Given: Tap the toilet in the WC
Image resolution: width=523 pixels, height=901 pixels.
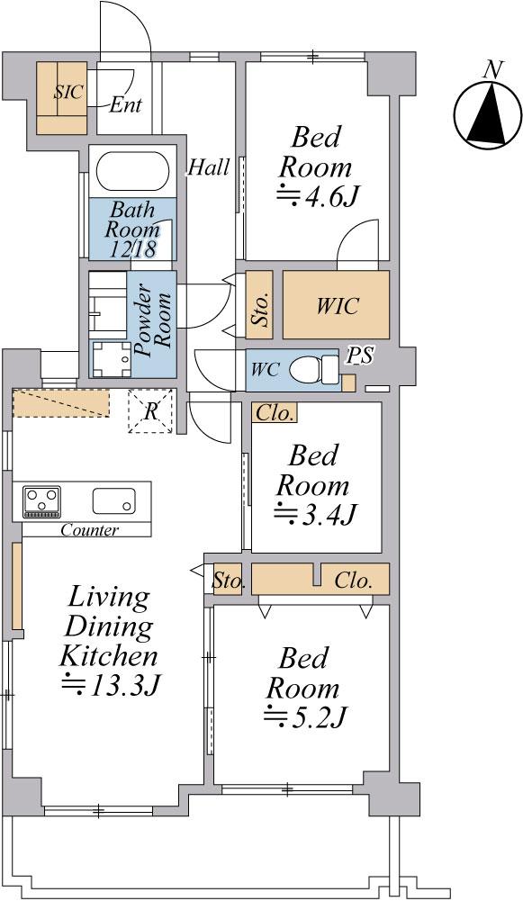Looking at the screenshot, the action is click(x=314, y=369).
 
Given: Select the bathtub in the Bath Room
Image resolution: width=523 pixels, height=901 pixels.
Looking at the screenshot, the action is click(x=132, y=171).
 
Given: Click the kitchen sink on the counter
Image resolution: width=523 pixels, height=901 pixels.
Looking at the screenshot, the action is click(x=114, y=500).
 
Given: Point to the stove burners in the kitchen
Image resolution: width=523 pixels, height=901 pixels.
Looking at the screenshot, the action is click(x=41, y=501).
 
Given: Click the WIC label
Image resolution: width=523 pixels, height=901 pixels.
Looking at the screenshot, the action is click(x=338, y=305).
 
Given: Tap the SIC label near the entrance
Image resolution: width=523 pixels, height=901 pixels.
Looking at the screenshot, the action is click(x=68, y=92).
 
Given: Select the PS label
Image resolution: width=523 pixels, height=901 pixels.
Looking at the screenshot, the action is click(x=360, y=356).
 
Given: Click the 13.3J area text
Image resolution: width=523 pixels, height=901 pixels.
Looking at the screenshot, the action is click(x=111, y=683).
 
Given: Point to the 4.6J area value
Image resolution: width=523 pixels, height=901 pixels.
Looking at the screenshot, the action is click(x=317, y=196).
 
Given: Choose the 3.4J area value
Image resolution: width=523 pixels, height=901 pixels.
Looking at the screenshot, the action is click(x=312, y=513).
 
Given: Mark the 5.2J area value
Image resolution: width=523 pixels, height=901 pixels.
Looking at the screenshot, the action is click(x=305, y=716).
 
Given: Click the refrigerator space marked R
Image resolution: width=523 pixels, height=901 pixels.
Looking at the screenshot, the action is click(x=150, y=410).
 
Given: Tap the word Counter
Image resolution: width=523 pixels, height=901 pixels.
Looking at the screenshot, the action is click(x=90, y=530).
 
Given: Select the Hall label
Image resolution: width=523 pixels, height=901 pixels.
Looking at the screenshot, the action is click(x=209, y=167).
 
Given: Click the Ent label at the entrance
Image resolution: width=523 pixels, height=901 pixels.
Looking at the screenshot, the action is click(x=125, y=105).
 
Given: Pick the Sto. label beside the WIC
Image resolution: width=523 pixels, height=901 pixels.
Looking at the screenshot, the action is click(x=260, y=311).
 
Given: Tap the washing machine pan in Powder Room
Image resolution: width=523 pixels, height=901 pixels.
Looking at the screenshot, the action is click(x=112, y=358).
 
